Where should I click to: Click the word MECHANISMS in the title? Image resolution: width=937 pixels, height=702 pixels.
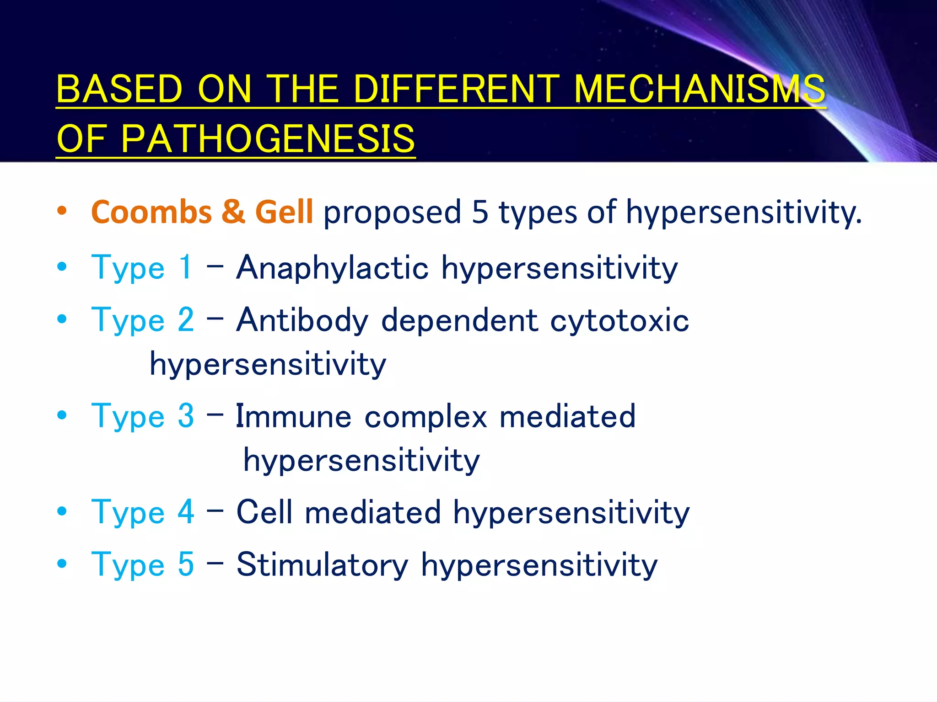coord(699,90)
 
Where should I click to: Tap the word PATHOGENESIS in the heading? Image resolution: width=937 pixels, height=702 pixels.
coord(268,139)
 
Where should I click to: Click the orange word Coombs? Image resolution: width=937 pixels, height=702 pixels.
coord(151,212)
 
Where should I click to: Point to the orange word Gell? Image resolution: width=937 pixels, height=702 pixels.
coord(284,212)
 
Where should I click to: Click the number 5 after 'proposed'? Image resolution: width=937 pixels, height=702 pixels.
coord(480,212)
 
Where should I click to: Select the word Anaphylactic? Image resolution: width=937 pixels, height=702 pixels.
coord(332,268)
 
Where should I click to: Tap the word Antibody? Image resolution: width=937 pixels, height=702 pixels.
coord(302,320)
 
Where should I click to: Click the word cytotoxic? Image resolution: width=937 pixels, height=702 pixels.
coord(619,320)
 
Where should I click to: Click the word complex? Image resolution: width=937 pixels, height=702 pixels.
coord(426,416)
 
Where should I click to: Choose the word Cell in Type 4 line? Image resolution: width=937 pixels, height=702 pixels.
coord(264,512)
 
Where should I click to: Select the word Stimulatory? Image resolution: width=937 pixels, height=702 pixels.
coord(322,565)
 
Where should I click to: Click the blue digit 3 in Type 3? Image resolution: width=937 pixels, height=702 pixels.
coord(186,416)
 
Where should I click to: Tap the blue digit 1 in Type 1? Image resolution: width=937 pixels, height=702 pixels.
coord(185,268)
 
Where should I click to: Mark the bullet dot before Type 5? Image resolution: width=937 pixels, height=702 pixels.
coord(62,564)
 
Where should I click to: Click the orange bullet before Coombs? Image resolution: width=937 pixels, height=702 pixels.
coord(62,211)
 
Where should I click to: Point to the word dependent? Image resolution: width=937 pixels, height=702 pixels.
coord(459,320)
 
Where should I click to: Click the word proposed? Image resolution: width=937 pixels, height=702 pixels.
coord(392,213)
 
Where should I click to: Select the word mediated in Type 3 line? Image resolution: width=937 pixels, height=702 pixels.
coord(567,416)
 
